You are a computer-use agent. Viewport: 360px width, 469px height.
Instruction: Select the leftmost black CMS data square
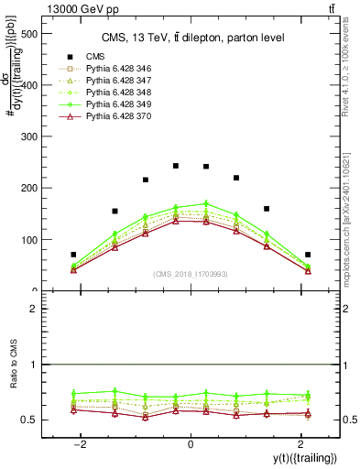(x=73, y=255)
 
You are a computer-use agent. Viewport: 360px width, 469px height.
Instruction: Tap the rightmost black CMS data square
(x=308, y=255)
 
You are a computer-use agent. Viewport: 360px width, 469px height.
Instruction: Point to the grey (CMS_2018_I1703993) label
(x=191, y=274)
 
